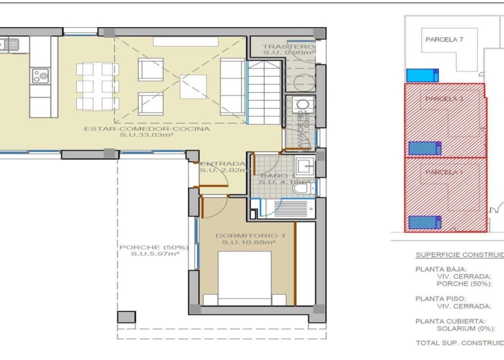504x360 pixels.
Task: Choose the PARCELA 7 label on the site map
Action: [444, 40]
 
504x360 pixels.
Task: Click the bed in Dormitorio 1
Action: [245, 278]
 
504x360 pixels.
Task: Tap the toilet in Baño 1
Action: [300, 188]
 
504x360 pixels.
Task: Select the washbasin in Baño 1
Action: [305, 166]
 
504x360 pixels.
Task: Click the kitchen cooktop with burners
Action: [40, 76]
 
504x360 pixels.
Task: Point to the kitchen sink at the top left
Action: [10, 45]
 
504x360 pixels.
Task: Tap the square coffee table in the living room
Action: [193, 86]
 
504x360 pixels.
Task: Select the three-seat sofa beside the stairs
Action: [232, 87]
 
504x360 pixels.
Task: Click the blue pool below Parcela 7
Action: [422, 75]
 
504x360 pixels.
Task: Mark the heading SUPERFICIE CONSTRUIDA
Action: [459, 255]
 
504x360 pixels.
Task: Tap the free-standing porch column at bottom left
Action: [126, 317]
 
